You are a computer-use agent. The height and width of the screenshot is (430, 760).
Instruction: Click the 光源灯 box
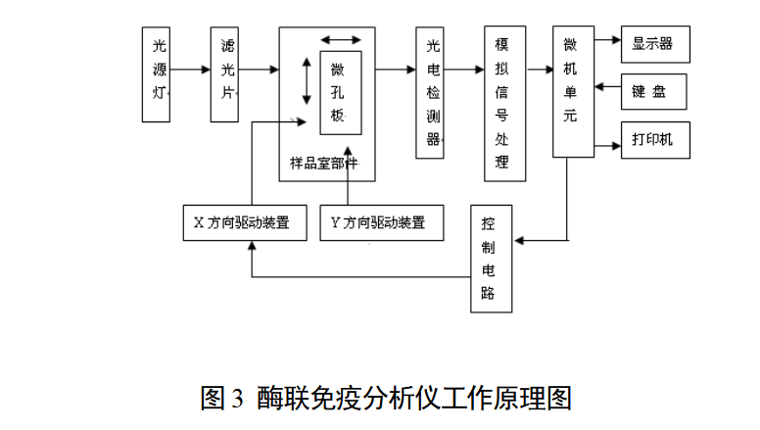pos(156,73)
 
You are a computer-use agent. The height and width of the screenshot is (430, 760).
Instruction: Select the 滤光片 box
pos(224,73)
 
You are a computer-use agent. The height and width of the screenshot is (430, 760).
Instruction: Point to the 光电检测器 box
pos(430,92)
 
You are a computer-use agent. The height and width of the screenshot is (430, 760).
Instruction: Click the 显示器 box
pos(654,43)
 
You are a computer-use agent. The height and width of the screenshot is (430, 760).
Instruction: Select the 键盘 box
pos(654,91)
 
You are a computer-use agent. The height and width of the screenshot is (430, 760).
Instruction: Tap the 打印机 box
pos(654,140)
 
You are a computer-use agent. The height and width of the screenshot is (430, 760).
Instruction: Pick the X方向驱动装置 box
pos(245,222)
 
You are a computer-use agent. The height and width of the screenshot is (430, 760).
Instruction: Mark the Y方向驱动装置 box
pos(381,222)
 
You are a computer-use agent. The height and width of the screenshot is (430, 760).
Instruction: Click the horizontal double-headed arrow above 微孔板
pos(341,39)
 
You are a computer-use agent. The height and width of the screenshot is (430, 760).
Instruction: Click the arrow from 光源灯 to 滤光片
pos(190,70)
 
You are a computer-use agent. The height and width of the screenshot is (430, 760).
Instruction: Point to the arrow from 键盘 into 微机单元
pos(607,89)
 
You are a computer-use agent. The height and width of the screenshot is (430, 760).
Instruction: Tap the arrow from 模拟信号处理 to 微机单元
pos(539,70)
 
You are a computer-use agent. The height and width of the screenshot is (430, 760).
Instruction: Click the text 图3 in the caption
pos(222,399)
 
